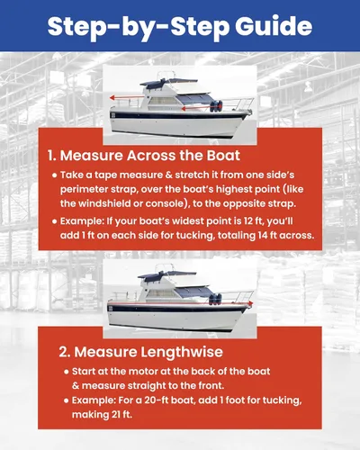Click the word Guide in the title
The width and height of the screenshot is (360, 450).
[x=274, y=26]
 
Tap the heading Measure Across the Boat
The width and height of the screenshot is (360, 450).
[x=150, y=156]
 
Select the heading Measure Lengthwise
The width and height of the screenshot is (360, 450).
[x=148, y=352]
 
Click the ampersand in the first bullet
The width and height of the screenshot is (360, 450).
[x=169, y=175]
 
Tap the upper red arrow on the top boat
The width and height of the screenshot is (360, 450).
[x=126, y=97]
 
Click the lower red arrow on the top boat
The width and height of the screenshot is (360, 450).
[x=195, y=108]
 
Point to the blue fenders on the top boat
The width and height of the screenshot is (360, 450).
[x=216, y=106]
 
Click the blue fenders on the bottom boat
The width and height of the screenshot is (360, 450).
[x=215, y=299]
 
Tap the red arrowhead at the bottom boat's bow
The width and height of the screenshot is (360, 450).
[x=251, y=303]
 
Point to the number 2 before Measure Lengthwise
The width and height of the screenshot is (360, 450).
[x=64, y=352]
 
